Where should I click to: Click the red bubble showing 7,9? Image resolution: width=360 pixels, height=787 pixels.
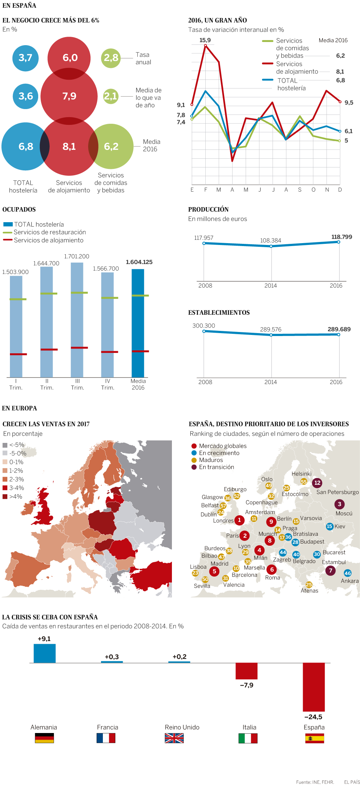pyautogui.click(x=69, y=96)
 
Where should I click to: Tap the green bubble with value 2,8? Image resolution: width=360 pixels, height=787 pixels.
pyautogui.click(x=111, y=58)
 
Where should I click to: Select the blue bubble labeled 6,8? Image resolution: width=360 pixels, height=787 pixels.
pyautogui.click(x=25, y=147)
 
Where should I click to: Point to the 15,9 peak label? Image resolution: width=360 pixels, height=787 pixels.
pyautogui.click(x=205, y=40)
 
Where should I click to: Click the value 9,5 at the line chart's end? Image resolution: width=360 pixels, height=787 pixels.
pyautogui.click(x=349, y=102)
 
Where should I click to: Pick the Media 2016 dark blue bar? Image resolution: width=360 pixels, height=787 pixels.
pyautogui.click(x=138, y=323)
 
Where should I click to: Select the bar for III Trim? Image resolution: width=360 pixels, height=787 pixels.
pyautogui.click(x=77, y=320)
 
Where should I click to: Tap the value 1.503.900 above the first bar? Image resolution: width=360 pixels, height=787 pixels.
pyautogui.click(x=15, y=272)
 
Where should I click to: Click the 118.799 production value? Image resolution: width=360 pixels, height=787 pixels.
pyautogui.click(x=342, y=237)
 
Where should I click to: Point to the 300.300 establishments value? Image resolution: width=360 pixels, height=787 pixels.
pyautogui.click(x=204, y=326)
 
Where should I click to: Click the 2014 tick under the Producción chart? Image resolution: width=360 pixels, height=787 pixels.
pyautogui.click(x=271, y=285)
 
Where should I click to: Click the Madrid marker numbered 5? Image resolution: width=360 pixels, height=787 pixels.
pyautogui.click(x=215, y=571)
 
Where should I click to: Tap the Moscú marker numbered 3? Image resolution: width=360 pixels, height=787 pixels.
pyautogui.click(x=339, y=504)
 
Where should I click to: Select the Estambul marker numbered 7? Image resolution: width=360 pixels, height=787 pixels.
pyautogui.click(x=331, y=570)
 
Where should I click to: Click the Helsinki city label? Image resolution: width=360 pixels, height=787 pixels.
pyautogui.click(x=301, y=474)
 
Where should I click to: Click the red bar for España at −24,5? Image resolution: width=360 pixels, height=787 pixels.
pyautogui.click(x=314, y=687)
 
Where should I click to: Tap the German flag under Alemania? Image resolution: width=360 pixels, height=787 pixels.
pyautogui.click(x=44, y=738)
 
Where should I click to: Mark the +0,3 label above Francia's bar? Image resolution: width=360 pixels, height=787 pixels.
pyautogui.click(x=112, y=657)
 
